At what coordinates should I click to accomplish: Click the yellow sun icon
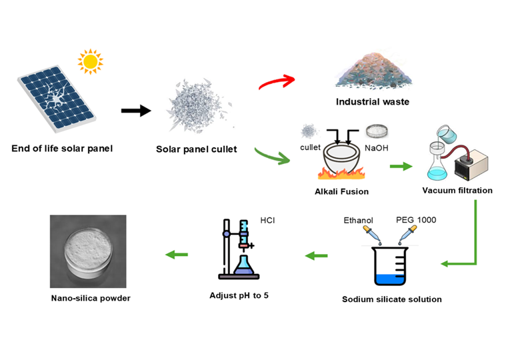point(91,61)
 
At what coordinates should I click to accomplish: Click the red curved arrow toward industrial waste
point(275,84)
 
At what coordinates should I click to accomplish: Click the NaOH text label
point(378,147)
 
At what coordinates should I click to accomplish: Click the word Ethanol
point(359,219)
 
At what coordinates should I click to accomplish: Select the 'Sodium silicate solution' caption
point(391,299)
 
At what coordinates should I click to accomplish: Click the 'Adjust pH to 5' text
point(244,294)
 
